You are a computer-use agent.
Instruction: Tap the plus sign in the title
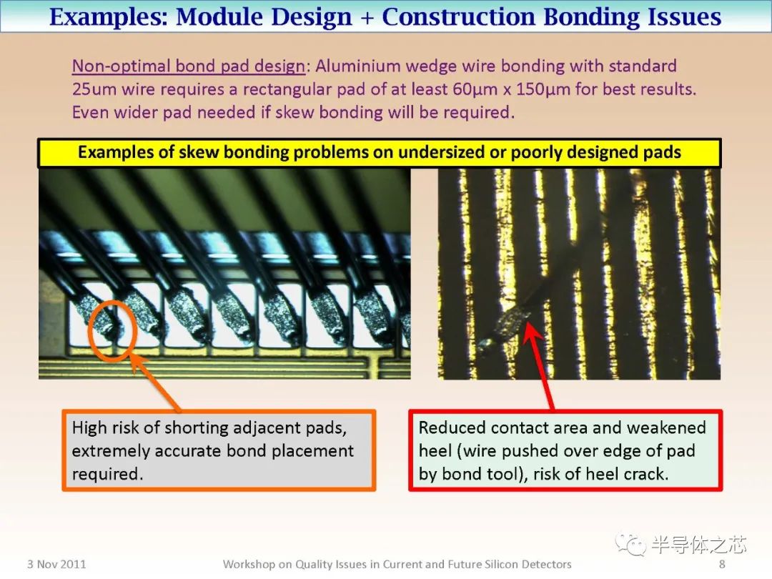367,18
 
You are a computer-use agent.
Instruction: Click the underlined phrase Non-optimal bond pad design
189,66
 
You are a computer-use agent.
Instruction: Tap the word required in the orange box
107,474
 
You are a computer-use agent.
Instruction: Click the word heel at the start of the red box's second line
435,450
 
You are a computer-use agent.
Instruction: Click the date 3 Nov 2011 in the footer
56,564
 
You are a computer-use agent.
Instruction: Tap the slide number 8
722,564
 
